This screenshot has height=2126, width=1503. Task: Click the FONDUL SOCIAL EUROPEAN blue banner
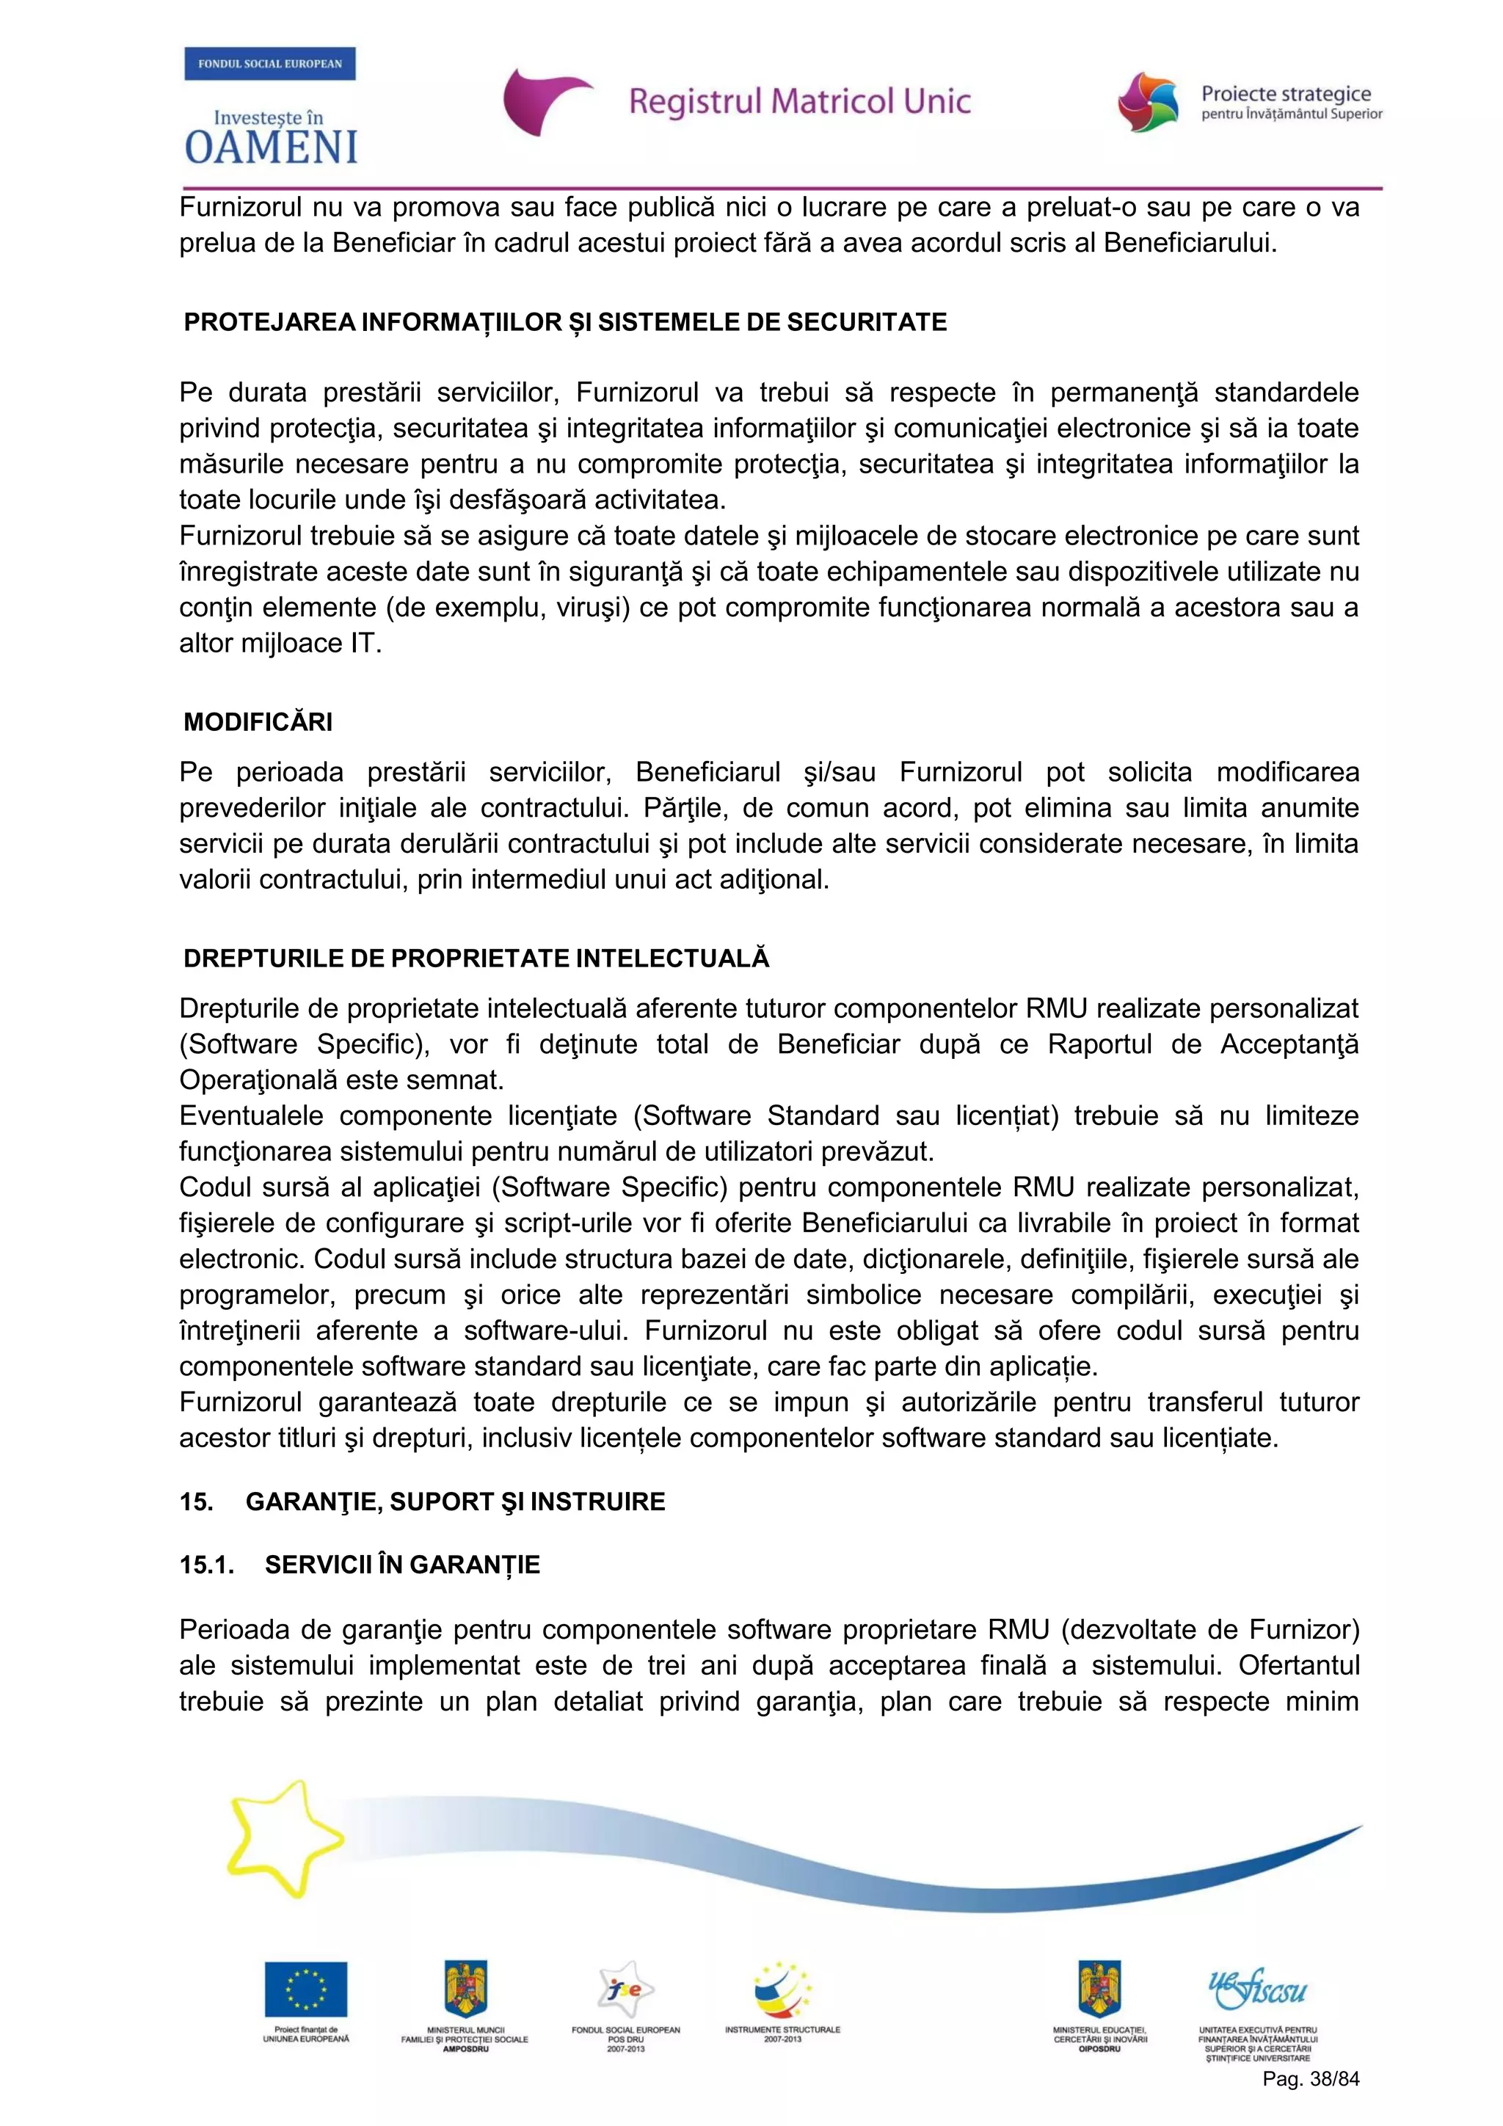(269, 64)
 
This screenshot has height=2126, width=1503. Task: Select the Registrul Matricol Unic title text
(799, 101)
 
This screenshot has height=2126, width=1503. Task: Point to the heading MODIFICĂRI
(258, 722)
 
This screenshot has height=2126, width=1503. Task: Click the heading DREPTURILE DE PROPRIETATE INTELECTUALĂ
(476, 958)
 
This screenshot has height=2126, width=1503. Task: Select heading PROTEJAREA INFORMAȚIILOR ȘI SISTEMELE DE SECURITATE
(565, 322)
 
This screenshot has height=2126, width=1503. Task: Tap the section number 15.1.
(206, 1565)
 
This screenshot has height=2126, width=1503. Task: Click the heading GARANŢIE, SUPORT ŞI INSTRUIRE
(455, 1501)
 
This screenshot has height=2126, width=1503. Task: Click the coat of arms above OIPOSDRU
(1099, 1988)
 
